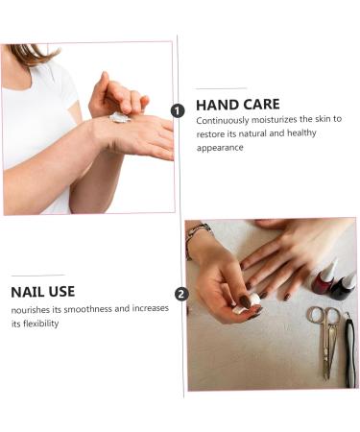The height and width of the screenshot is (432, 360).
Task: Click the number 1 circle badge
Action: pos(178,111)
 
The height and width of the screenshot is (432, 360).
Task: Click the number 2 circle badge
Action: pos(181,294)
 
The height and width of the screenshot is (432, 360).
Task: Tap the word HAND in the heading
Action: pos(217,105)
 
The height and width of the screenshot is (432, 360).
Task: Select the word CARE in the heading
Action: pos(261,105)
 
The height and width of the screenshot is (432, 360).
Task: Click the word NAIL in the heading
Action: pos(27,292)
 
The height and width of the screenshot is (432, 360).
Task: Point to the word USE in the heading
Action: pos(61,292)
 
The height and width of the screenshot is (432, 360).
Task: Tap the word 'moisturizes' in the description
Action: pos(275,120)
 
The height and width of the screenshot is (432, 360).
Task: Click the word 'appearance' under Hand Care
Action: pos(220,148)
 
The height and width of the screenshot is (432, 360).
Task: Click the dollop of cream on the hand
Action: pos(119,117)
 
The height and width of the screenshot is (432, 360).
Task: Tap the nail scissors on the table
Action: pos(325,341)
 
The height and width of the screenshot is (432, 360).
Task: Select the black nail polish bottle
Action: pos(343,286)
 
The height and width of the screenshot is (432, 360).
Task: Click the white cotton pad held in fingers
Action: pos(247,304)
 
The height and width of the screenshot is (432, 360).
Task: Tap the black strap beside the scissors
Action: pos(350,349)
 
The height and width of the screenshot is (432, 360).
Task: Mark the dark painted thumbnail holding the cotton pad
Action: pos(245,301)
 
